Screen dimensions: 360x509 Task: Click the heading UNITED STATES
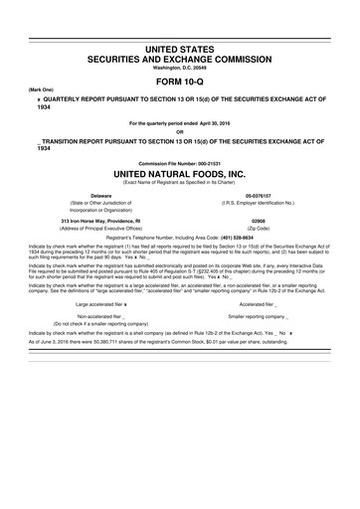pos(180,48)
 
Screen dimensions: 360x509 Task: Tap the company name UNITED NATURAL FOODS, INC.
pos(180,173)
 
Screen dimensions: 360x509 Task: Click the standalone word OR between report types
pos(180,132)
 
